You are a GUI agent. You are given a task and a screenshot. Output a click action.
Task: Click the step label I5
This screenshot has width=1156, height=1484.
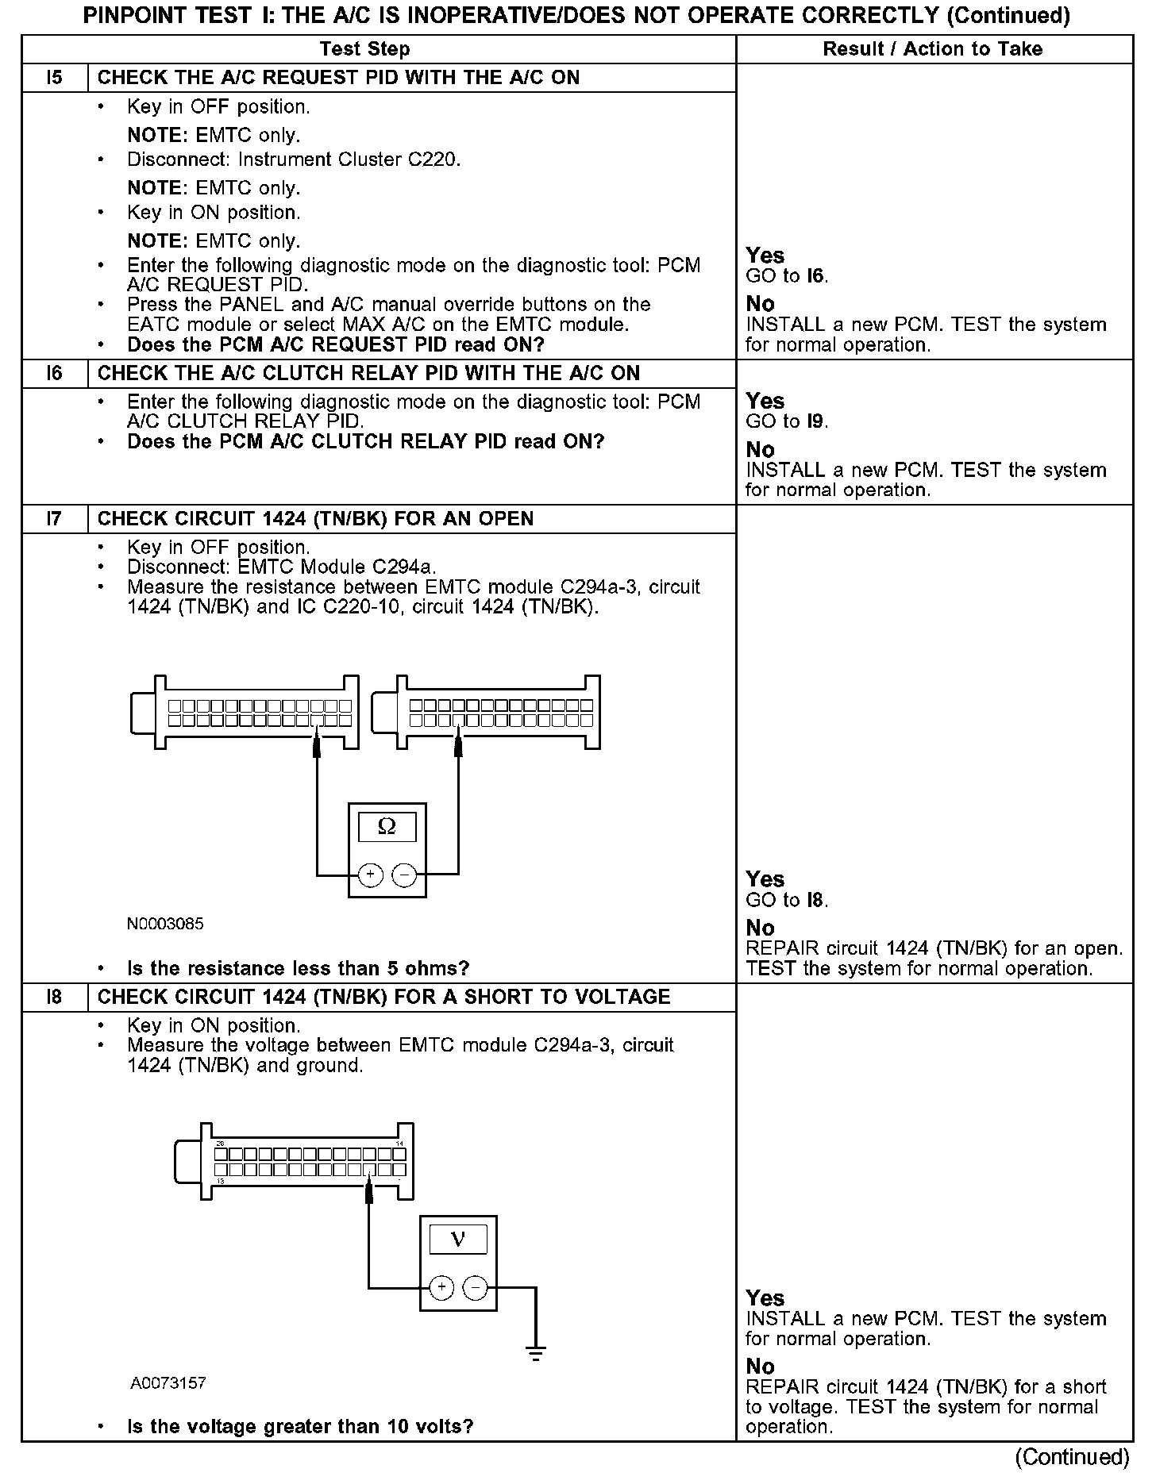coord(54,78)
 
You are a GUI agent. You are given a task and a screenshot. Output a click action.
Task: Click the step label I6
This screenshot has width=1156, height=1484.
coord(54,374)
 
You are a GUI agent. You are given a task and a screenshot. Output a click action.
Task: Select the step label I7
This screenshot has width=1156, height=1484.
coord(54,519)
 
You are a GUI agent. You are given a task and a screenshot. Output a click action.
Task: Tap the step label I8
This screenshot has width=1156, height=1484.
coord(54,998)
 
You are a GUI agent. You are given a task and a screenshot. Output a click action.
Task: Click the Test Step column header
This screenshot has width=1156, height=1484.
coord(364,49)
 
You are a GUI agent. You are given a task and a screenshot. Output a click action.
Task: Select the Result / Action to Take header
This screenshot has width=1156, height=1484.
coord(932,49)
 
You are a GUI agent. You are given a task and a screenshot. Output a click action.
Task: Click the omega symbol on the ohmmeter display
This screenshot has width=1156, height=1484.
coord(387,827)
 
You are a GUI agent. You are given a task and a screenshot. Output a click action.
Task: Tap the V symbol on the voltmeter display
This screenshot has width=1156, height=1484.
coord(458,1240)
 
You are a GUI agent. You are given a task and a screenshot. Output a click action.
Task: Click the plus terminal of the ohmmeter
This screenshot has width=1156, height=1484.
coord(370,875)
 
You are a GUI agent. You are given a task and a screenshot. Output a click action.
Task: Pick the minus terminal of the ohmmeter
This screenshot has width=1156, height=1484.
coord(404,875)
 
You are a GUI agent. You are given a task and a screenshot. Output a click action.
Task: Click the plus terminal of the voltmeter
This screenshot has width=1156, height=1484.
coord(441,1287)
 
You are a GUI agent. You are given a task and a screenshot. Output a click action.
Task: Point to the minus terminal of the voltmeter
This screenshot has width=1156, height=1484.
coord(475,1287)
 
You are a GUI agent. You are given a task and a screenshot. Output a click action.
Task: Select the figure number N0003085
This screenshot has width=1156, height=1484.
coord(165,924)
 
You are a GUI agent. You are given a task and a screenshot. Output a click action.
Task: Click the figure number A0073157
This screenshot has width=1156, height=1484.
coord(168,1383)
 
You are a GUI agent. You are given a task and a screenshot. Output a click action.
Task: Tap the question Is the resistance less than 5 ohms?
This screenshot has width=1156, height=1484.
coord(298,968)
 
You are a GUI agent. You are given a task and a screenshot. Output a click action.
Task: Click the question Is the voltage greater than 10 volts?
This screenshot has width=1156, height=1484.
coord(300,1426)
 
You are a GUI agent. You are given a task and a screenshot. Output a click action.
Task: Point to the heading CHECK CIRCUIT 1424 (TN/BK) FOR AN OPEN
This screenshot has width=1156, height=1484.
coord(315,519)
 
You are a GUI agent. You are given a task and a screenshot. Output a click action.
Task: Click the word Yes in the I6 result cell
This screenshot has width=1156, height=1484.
coord(765,401)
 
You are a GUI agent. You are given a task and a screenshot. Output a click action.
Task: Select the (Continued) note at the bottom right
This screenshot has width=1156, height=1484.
coord(1072,1457)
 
